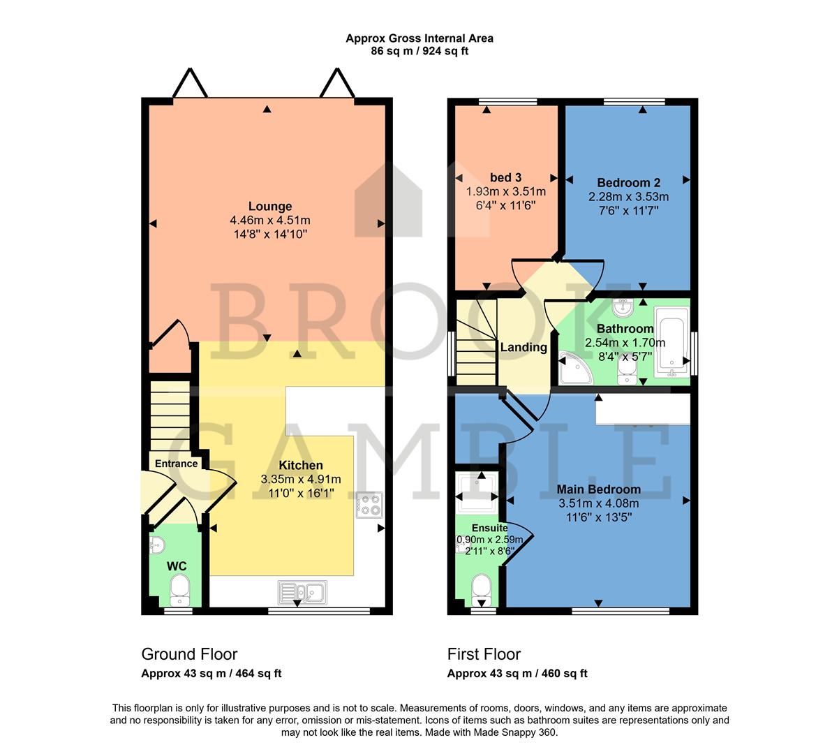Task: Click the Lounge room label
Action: point(270,207)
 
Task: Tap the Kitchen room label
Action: point(301,465)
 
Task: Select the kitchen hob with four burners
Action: point(370,505)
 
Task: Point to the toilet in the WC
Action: point(180,591)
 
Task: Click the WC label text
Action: point(177,565)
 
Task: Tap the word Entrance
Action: point(176,464)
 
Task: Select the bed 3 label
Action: point(505,177)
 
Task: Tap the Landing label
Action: point(524,347)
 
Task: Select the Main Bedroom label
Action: point(598,489)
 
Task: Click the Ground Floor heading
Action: point(189,654)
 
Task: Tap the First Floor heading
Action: point(484,654)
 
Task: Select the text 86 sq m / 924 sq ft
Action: point(419,51)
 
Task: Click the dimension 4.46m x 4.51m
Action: point(270,221)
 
